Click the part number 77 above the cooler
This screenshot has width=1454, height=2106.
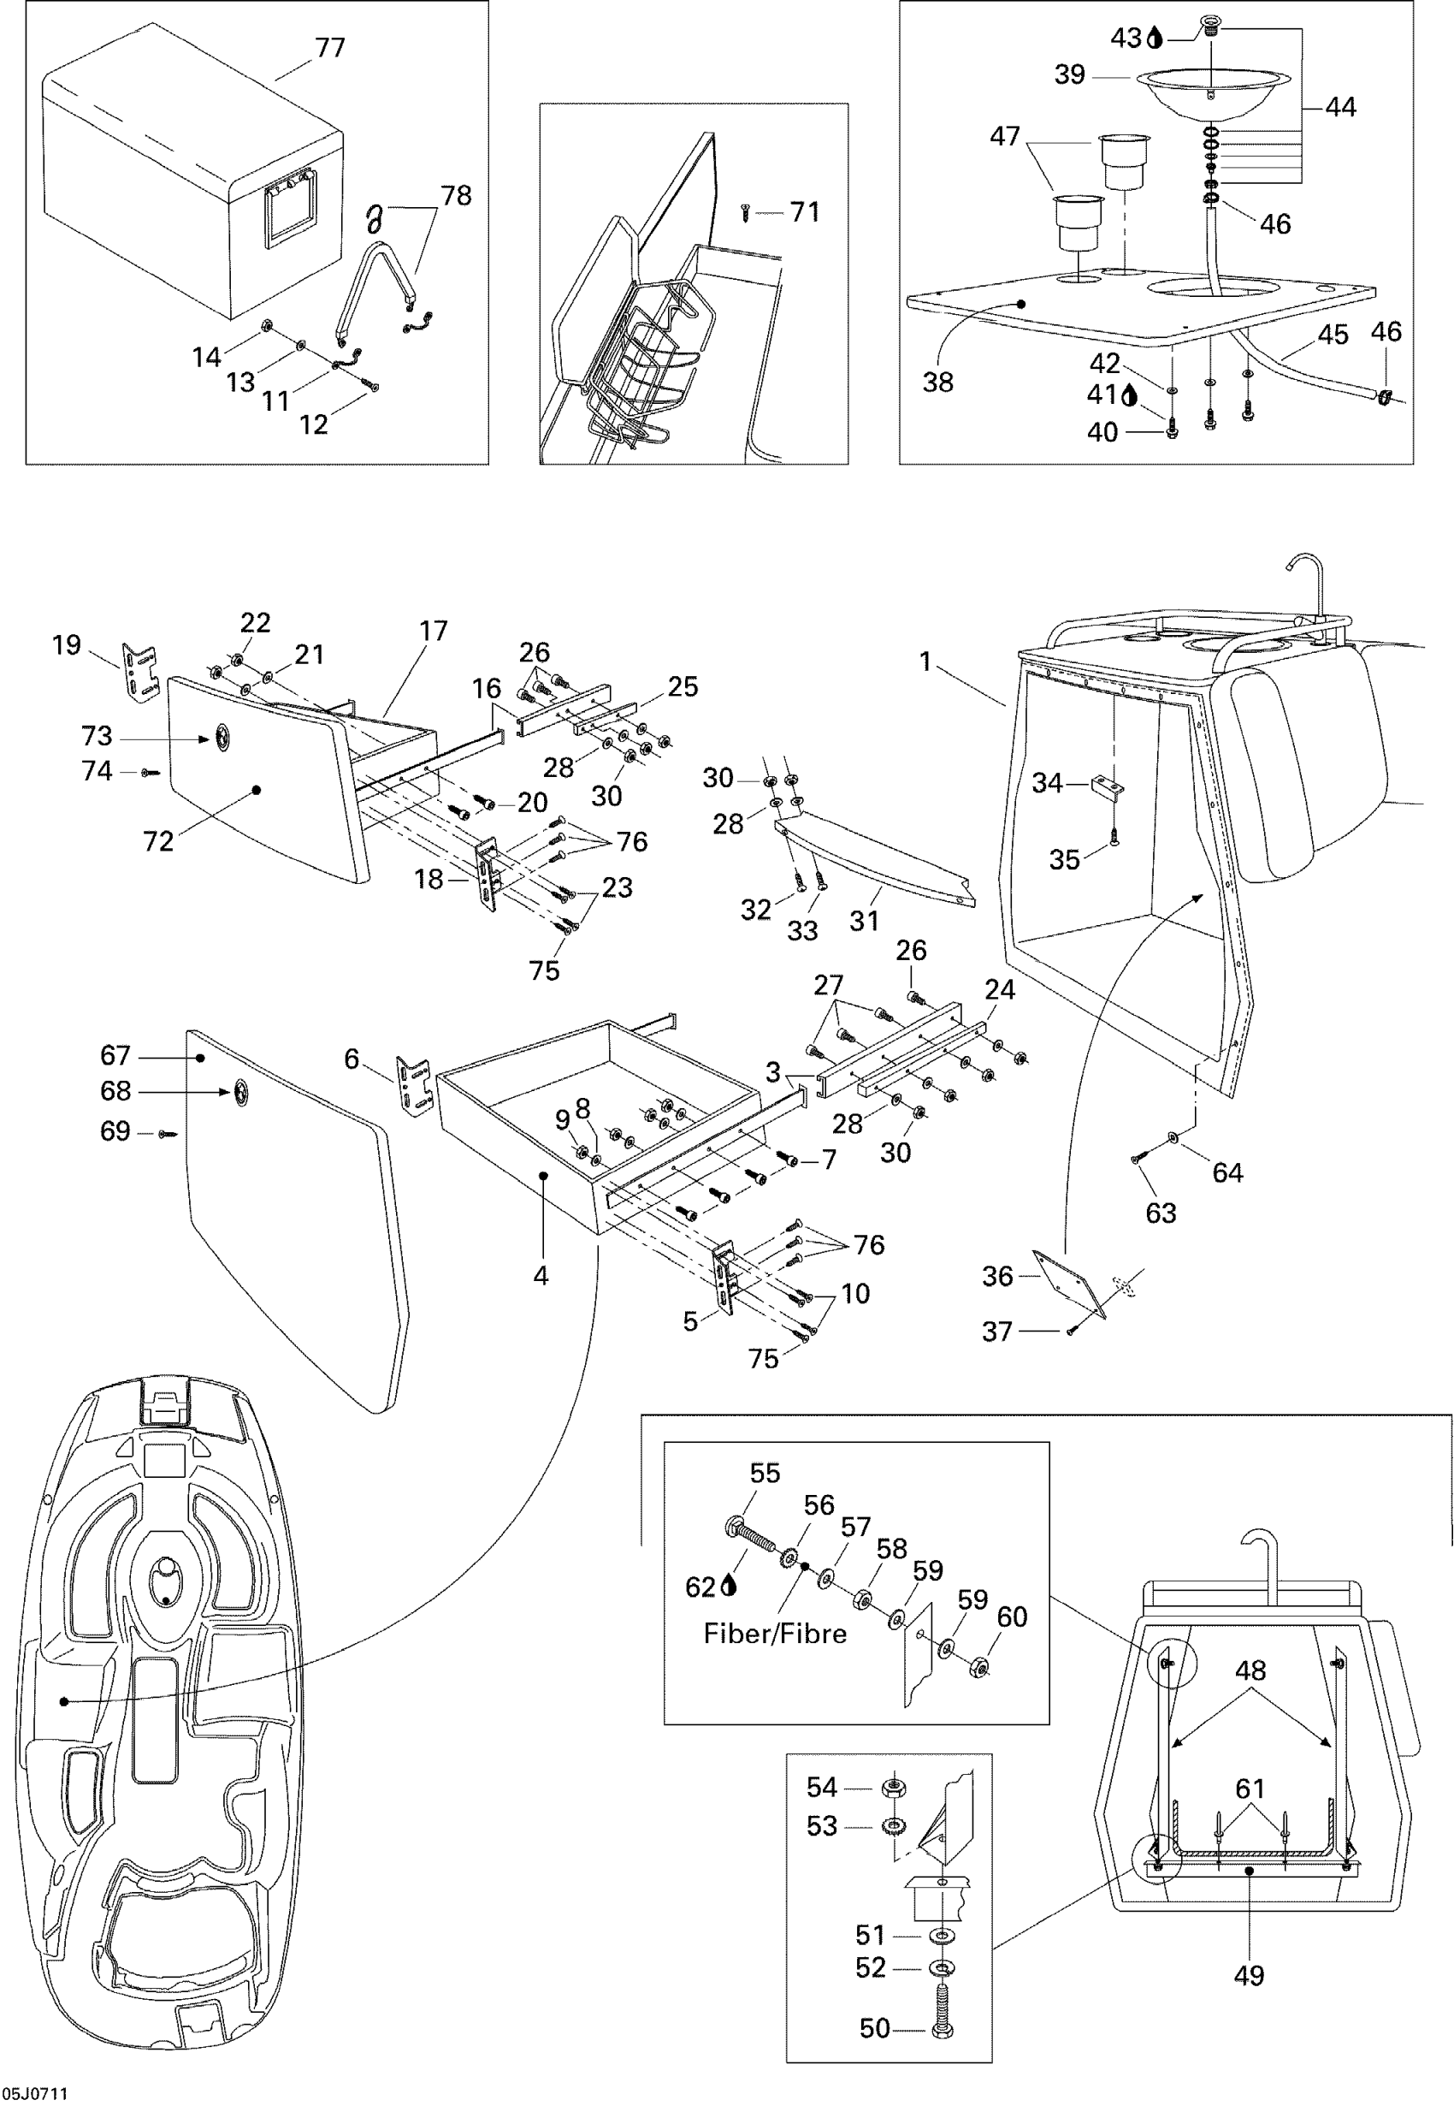(330, 47)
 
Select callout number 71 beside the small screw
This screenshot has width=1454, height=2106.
(805, 212)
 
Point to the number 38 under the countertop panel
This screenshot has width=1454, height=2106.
(937, 382)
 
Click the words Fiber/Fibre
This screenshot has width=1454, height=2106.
(774, 1633)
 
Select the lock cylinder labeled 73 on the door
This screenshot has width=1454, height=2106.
(222, 739)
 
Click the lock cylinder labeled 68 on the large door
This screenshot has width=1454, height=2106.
(241, 1091)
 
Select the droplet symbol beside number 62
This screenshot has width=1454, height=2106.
(728, 1587)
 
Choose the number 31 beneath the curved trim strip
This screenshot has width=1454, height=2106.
(864, 921)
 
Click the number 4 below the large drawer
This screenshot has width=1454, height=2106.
(541, 1276)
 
